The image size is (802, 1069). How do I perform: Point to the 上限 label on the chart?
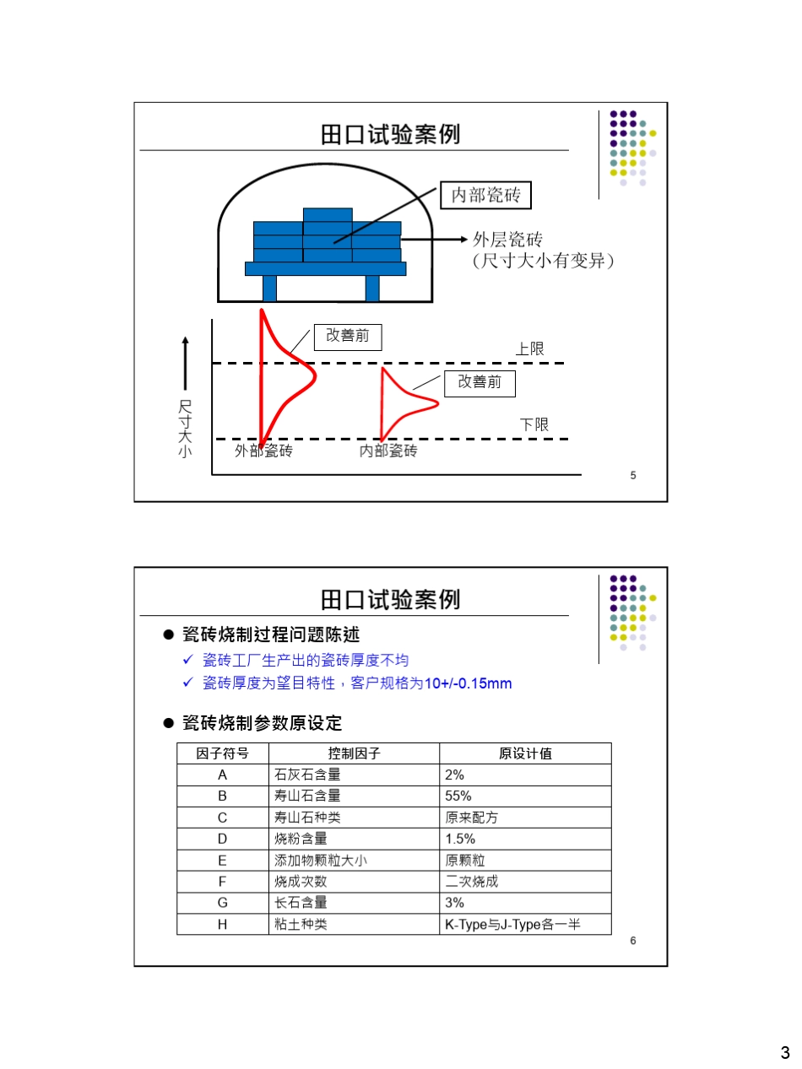tap(530, 348)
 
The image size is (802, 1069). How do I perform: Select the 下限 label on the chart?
tap(534, 424)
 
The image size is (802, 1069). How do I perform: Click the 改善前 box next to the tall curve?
tap(347, 336)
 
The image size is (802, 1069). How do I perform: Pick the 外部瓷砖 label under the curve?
tap(263, 451)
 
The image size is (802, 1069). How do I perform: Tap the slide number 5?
tap(633, 475)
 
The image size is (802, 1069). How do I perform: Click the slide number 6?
tap(633, 940)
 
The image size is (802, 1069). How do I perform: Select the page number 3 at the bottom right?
tap(784, 1052)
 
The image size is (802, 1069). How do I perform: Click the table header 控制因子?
tap(354, 753)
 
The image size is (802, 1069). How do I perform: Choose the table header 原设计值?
tap(525, 753)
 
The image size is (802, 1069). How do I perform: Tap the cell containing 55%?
tap(458, 796)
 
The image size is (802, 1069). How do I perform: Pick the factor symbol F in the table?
tap(223, 882)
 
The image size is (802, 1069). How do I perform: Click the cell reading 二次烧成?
tap(472, 882)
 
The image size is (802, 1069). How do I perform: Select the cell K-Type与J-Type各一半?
tap(512, 925)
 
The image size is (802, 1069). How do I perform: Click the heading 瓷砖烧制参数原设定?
tap(263, 723)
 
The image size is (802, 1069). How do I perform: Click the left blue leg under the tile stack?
tap(269, 288)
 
